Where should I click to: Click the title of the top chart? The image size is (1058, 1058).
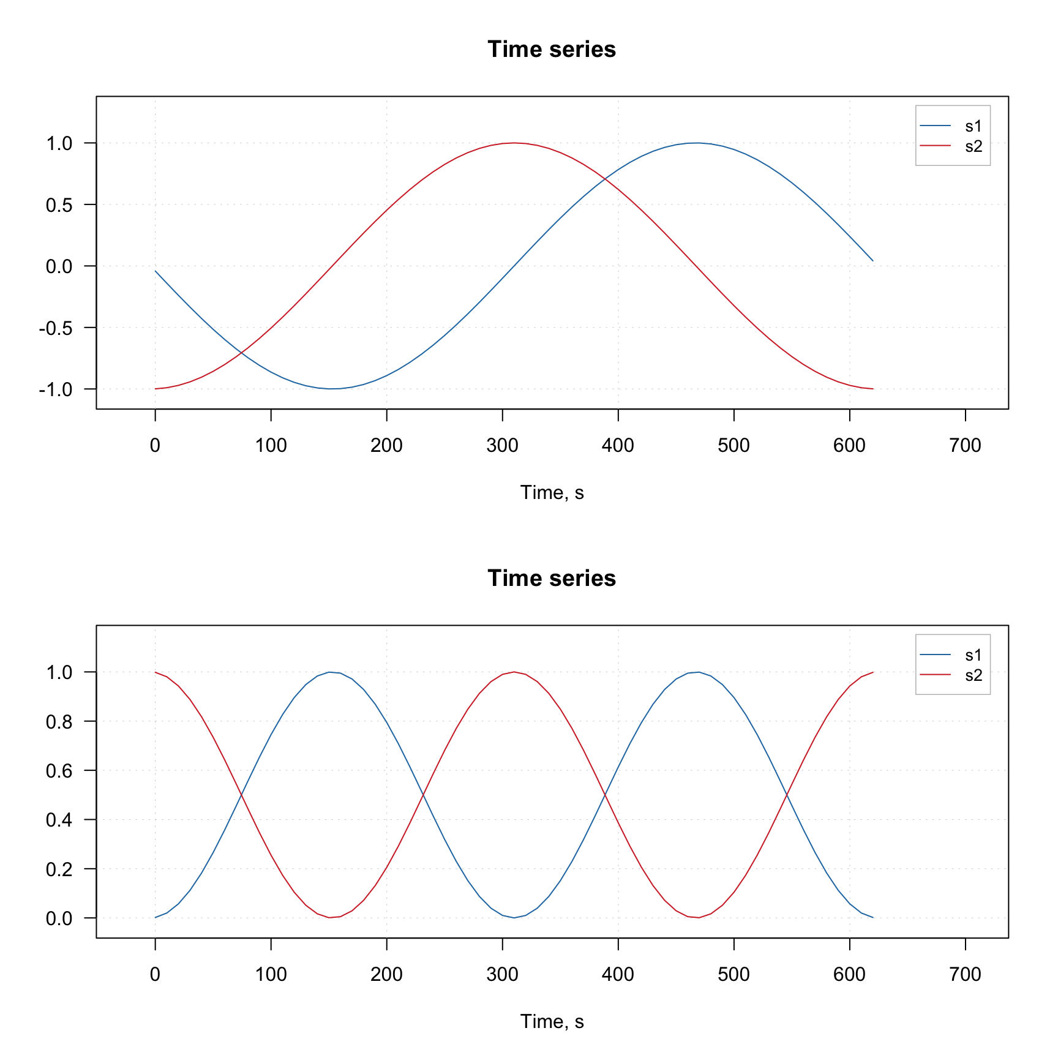(551, 50)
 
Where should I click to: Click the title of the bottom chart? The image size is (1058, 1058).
(551, 579)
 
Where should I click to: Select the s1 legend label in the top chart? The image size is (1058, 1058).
(974, 126)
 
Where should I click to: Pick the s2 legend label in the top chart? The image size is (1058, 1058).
(974, 146)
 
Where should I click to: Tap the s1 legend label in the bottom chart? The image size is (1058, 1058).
(974, 655)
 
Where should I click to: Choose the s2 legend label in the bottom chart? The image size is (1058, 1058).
(974, 675)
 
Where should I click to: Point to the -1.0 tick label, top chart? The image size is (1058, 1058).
(56, 389)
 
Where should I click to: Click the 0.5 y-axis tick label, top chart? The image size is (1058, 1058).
(59, 205)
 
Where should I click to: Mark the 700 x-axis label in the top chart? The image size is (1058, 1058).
(965, 445)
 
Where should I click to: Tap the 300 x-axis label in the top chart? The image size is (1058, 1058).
(502, 445)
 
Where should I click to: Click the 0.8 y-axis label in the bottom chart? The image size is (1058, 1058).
(59, 722)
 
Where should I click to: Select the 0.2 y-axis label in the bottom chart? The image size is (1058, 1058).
(59, 869)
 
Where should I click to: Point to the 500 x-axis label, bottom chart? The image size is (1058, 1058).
(733, 974)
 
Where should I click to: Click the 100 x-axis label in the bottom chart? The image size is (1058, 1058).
(271, 974)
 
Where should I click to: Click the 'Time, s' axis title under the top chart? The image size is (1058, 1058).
(552, 493)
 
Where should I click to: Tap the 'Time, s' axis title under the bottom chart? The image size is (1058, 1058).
(552, 1022)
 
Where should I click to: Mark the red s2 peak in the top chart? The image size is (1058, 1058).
(514, 143)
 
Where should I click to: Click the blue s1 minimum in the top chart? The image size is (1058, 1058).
(331, 389)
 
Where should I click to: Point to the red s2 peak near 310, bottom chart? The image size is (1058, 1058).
(514, 672)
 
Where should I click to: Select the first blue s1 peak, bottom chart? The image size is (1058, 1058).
(331, 672)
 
